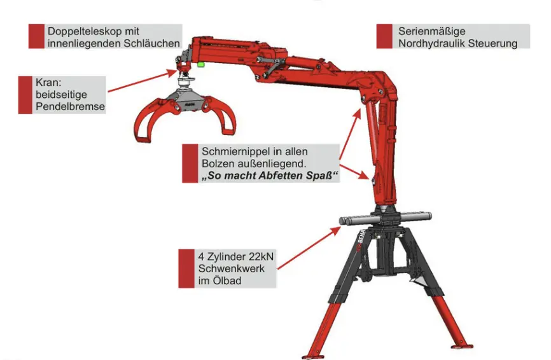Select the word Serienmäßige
coord(432,31)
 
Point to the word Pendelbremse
coord(70,106)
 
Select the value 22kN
coord(261,256)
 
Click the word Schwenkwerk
coord(231,268)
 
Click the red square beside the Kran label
coord(25,95)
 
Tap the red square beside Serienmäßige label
coord(384,36)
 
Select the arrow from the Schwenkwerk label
coord(309,248)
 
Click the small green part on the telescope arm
coord(201,64)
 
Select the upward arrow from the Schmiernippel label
coord(350,134)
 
